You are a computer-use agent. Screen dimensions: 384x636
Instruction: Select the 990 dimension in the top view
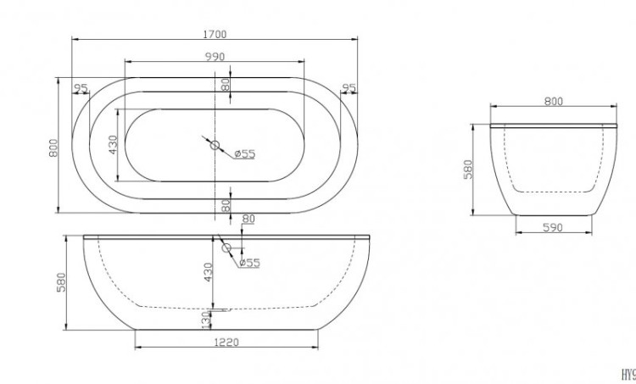[x=214, y=57]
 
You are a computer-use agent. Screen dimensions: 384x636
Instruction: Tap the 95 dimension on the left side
[x=82, y=88]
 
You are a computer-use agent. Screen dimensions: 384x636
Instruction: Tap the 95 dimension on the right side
[x=347, y=88]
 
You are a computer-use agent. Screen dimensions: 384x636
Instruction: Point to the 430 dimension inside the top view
[x=113, y=145]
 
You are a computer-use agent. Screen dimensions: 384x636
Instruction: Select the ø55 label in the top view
[x=245, y=153]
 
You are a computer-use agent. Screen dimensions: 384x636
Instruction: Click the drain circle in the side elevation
[x=226, y=248]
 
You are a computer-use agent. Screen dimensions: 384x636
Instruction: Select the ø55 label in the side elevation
[x=248, y=262]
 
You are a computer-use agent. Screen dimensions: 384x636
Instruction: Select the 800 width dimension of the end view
[x=553, y=102]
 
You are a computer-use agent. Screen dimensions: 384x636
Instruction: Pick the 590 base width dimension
[x=553, y=227]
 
